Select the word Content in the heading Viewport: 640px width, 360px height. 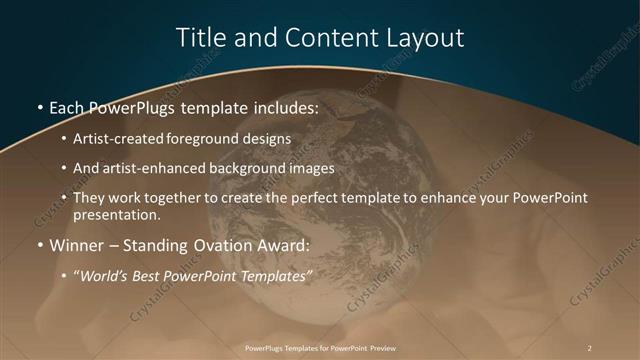(x=327, y=38)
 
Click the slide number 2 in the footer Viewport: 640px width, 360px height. (x=590, y=347)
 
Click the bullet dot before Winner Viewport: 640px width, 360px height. (x=39, y=244)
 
